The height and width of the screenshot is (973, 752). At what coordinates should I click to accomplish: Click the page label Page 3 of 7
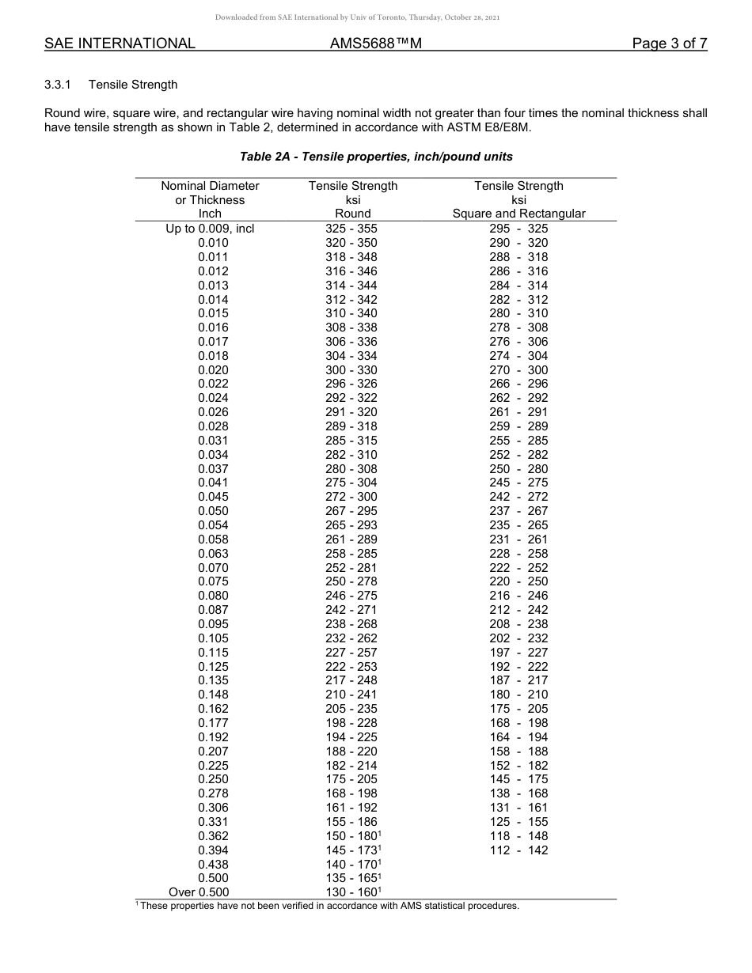pyautogui.click(x=669, y=44)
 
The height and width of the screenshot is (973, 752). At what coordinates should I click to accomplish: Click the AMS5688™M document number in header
pyautogui.click(x=375, y=44)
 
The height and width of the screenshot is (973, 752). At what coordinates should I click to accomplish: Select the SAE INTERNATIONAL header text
pyautogui.click(x=120, y=44)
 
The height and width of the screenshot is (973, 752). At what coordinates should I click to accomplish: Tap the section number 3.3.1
pyautogui.click(x=59, y=85)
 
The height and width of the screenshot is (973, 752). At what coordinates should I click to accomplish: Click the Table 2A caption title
pyautogui.click(x=376, y=157)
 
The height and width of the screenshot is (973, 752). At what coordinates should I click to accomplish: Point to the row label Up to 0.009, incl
pyautogui.click(x=210, y=229)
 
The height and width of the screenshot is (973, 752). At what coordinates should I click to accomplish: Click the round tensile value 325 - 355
pyautogui.click(x=351, y=229)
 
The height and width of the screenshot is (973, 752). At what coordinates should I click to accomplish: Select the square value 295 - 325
pyautogui.click(x=518, y=229)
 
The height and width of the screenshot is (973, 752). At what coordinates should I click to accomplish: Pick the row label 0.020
pyautogui.click(x=213, y=370)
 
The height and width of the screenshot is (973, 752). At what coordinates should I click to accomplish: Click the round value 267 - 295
pyautogui.click(x=351, y=511)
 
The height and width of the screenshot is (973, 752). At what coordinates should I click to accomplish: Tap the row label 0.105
pyautogui.click(x=213, y=638)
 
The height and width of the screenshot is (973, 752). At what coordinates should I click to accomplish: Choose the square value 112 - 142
pyautogui.click(x=518, y=850)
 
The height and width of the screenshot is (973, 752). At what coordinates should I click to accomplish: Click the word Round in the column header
pyautogui.click(x=353, y=214)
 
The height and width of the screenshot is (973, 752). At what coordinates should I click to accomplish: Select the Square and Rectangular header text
pyautogui.click(x=518, y=214)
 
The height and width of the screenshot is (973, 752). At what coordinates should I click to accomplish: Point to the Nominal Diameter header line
pyautogui.click(x=210, y=186)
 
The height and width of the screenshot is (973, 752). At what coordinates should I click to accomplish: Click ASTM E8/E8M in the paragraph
pyautogui.click(x=486, y=127)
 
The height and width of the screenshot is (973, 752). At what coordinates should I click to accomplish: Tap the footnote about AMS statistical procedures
pyautogui.click(x=329, y=907)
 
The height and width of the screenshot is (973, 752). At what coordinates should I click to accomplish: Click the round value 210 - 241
pyautogui.click(x=351, y=695)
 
